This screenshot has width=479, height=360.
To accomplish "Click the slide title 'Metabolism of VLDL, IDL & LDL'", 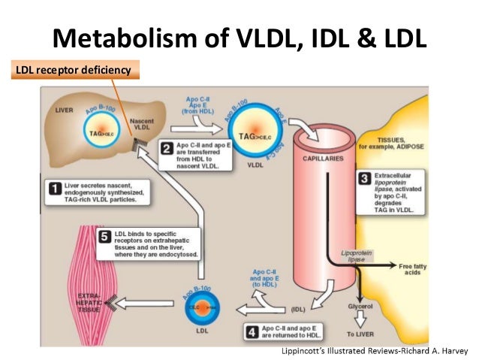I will (239, 36).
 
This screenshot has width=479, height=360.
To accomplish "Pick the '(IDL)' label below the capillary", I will (297, 310).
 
